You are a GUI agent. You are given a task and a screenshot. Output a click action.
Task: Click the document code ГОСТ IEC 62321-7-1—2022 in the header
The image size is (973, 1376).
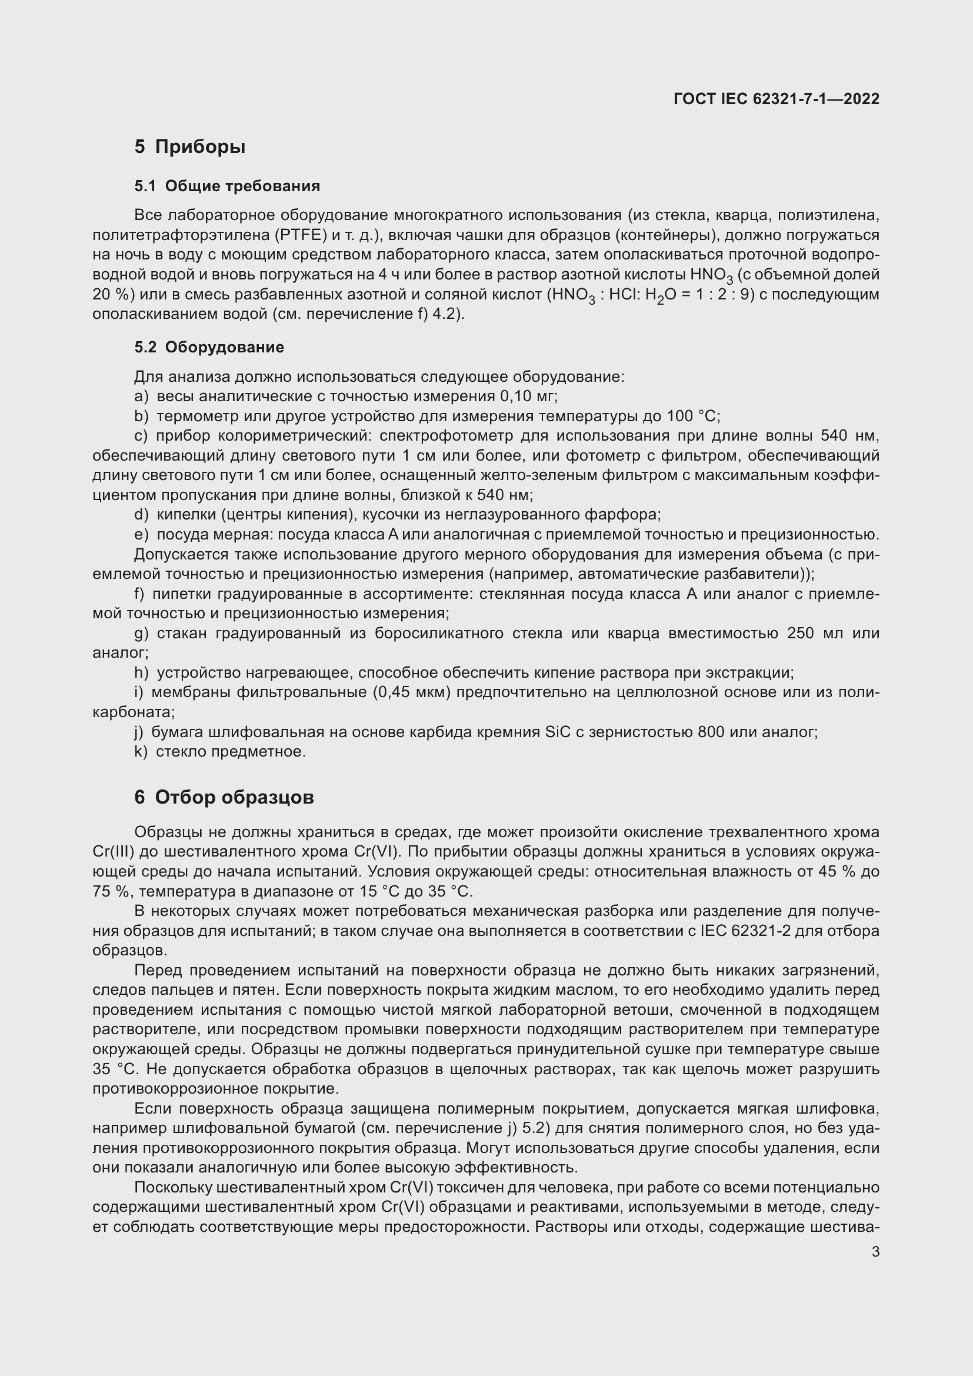776,99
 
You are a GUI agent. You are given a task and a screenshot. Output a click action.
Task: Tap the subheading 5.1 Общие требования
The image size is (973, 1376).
227,186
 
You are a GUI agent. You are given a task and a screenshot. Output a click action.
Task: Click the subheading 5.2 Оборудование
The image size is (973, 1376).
209,348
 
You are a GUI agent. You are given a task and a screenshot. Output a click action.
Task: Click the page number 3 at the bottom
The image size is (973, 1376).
875,1252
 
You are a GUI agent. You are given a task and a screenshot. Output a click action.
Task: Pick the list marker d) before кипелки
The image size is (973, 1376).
141,515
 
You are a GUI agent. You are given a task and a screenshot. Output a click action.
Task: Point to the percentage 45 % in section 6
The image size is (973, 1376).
837,872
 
